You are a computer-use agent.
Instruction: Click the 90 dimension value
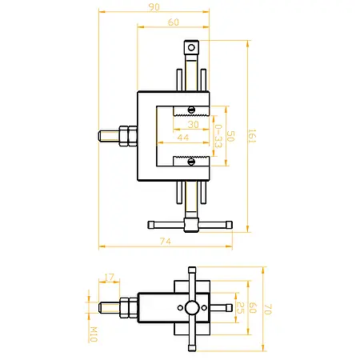[x=154, y=6]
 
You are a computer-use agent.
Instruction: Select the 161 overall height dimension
[x=252, y=136]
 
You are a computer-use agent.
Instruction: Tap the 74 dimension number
[x=166, y=242]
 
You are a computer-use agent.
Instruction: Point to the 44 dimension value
[x=183, y=138]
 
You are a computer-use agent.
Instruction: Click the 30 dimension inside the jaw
[x=193, y=125]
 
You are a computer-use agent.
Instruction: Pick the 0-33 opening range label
[x=218, y=136]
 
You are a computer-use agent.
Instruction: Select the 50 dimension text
[x=230, y=136]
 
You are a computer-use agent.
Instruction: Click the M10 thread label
[x=94, y=334]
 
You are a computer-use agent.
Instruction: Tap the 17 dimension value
[x=109, y=278]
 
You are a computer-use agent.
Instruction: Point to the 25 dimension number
[x=241, y=308]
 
